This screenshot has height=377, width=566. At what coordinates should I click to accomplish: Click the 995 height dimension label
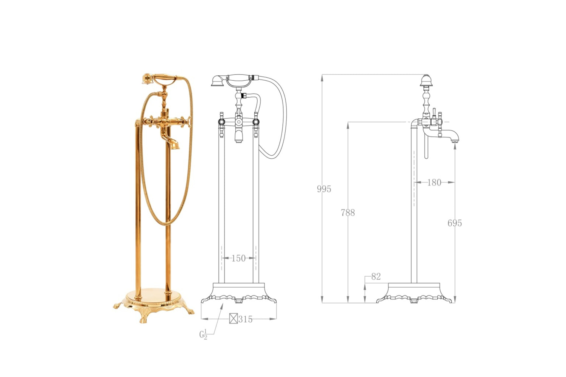pyautogui.click(x=324, y=189)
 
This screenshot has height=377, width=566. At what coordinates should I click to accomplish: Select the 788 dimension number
pyautogui.click(x=348, y=213)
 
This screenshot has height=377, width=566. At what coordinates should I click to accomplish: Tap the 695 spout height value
pyautogui.click(x=455, y=223)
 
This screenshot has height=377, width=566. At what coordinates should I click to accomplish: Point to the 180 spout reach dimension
pyautogui.click(x=434, y=182)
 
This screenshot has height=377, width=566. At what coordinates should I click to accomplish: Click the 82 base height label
pyautogui.click(x=376, y=276)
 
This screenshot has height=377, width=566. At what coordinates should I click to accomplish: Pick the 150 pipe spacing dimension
pyautogui.click(x=238, y=258)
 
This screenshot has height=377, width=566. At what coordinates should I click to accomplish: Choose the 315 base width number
pyautogui.click(x=245, y=319)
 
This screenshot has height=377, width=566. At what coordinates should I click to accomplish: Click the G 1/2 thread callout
pyautogui.click(x=203, y=334)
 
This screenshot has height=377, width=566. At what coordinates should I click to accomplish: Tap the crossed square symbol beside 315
pyautogui.click(x=234, y=319)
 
